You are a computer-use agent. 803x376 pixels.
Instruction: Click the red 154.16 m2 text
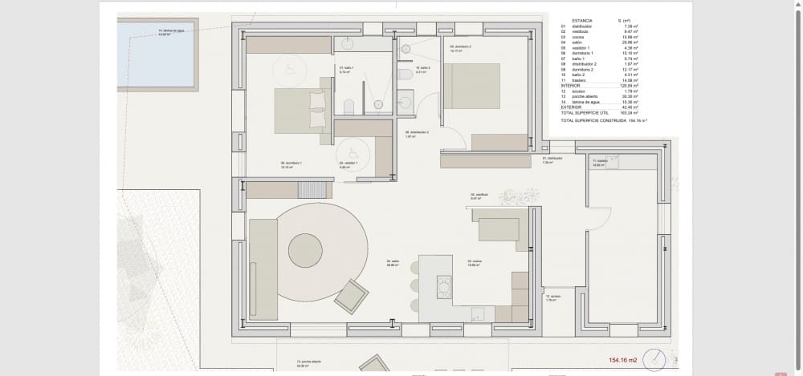pyautogui.click(x=622, y=361)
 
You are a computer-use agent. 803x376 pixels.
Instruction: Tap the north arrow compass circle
pyautogui.click(x=654, y=360)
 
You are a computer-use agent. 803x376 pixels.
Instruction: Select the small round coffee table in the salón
pyautogui.click(x=305, y=250)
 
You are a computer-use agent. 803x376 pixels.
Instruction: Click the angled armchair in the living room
pyautogui.click(x=352, y=297)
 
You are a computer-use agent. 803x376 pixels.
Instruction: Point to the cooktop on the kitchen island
pyautogui.click(x=443, y=286)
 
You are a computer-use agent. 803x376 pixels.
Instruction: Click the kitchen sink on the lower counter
pyautogui.click(x=478, y=314)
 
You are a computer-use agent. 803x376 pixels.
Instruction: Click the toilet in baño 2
pyautogui.click(x=406, y=75)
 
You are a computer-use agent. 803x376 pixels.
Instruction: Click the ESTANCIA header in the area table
pyautogui.click(x=582, y=20)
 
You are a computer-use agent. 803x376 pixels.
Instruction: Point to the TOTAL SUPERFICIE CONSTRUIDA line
pyautogui.click(x=604, y=119)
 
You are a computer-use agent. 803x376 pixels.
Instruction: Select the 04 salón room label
pyautogui.click(x=393, y=262)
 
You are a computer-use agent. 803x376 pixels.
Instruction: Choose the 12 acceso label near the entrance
pyautogui.click(x=552, y=297)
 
